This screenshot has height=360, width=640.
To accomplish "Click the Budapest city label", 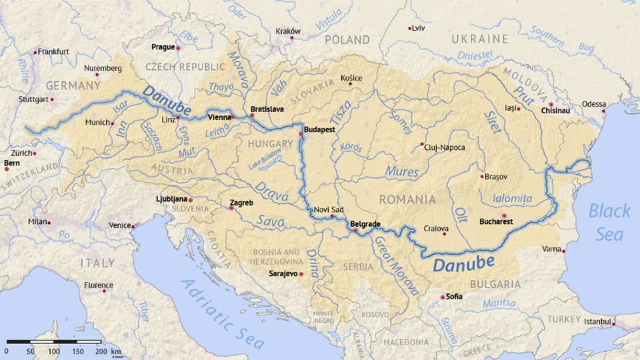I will [x=319, y=129].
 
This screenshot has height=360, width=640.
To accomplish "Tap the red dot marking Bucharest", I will [x=504, y=215].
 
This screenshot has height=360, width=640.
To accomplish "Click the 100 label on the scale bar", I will [x=53, y=351].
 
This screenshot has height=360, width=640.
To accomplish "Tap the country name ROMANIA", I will [x=407, y=199].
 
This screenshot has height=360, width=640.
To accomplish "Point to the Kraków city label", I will [x=288, y=31].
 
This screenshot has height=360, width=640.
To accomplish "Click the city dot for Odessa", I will [x=604, y=111].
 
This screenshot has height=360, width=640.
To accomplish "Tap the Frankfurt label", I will [x=53, y=51].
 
